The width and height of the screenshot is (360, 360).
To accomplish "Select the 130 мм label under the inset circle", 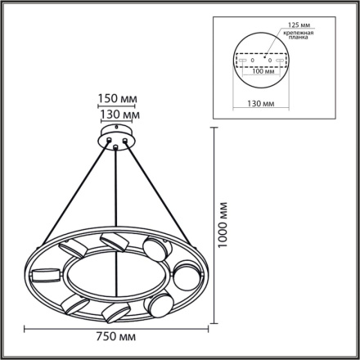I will click(x=261, y=104).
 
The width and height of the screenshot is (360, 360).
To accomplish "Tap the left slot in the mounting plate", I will click(x=241, y=61).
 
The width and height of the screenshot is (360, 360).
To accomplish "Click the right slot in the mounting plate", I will click(x=281, y=61).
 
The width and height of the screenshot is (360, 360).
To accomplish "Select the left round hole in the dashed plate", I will click(x=253, y=61).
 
